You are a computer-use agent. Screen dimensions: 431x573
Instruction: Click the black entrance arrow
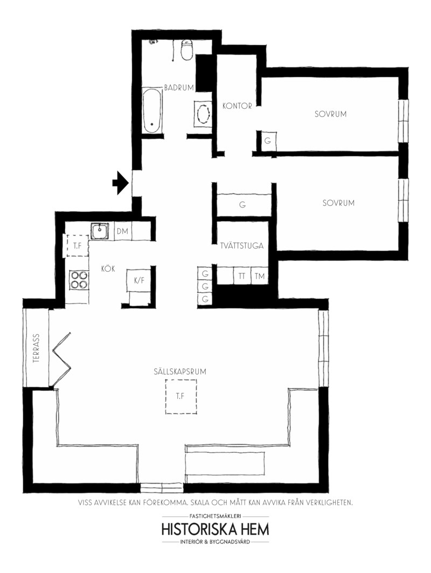pyautogui.click(x=120, y=182)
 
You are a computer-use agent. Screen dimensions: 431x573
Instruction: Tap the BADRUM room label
pyautogui.click(x=179, y=88)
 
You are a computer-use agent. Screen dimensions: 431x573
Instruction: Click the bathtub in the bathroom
pyautogui.click(x=151, y=111)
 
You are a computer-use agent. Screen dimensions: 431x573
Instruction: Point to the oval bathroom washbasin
pyautogui.click(x=203, y=114)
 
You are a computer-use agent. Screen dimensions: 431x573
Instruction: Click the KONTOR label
pyautogui.click(x=237, y=106)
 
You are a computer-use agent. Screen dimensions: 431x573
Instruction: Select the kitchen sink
pyautogui.click(x=100, y=231)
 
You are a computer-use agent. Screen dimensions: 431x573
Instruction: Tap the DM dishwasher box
pyautogui.click(x=123, y=231)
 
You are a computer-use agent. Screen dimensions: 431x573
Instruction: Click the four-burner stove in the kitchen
pyautogui.click(x=79, y=280)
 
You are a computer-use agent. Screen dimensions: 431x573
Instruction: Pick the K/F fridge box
pyautogui.click(x=139, y=280)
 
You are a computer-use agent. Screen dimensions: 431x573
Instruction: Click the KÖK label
pyautogui.click(x=108, y=268)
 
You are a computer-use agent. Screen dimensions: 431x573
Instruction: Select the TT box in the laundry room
pyautogui.click(x=242, y=276)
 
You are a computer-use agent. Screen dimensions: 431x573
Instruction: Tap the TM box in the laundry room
pyautogui.click(x=260, y=276)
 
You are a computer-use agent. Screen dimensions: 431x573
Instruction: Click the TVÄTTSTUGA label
pyautogui.click(x=242, y=246)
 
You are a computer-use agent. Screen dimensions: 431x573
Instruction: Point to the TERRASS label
pyautogui.click(x=36, y=348)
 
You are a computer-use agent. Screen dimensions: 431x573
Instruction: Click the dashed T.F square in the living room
pyautogui.click(x=180, y=397)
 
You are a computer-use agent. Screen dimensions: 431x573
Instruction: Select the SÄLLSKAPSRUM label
pyautogui.click(x=180, y=371)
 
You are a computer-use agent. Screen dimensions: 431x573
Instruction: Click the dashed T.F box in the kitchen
pyautogui.click(x=77, y=246)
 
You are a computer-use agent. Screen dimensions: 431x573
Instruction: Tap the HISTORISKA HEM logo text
pyautogui.click(x=215, y=529)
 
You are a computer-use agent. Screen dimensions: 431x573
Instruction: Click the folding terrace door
pyautogui.click(x=61, y=360)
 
